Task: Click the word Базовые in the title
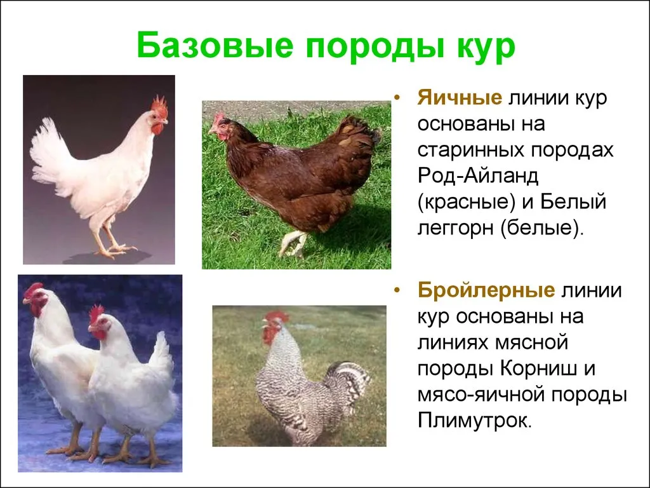pyautogui.click(x=215, y=45)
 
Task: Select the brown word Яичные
pyautogui.click(x=460, y=98)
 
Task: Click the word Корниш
pyautogui.click(x=539, y=368)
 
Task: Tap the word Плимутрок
pyautogui.click(x=474, y=421)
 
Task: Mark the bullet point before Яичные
pyautogui.click(x=398, y=98)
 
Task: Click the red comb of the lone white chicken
pyautogui.click(x=159, y=107)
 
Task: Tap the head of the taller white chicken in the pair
pyautogui.click(x=36, y=299)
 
